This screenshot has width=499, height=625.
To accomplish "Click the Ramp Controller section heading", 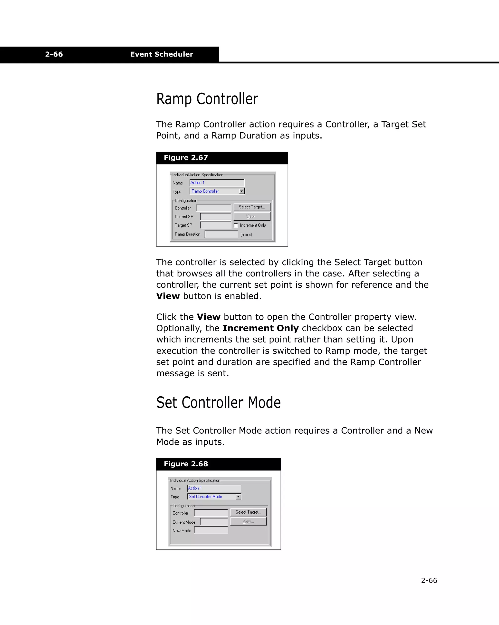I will [207, 99].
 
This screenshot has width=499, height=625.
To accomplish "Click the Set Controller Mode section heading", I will [218, 403].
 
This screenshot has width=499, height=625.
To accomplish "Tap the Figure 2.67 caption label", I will [186, 158].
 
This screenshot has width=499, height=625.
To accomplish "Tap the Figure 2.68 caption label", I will [186, 464].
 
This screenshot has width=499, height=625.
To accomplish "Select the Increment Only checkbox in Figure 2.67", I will [236, 225].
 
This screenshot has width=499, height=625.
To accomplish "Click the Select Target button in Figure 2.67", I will [251, 207].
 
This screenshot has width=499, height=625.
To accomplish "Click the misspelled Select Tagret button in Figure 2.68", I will [248, 512].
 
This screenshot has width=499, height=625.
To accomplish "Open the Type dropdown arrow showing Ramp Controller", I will [242, 191].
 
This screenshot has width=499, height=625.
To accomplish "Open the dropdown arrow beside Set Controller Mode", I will [238, 497].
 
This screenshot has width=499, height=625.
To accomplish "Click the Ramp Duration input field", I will [221, 234].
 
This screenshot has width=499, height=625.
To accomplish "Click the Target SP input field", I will [215, 225].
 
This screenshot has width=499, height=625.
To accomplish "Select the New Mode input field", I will [211, 530].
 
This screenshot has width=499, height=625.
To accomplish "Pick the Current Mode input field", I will [214, 522].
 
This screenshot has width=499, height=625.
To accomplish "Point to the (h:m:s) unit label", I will [246, 234].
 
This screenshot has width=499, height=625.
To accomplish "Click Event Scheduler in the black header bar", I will [161, 54].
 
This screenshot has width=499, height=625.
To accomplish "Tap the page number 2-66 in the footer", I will [429, 580].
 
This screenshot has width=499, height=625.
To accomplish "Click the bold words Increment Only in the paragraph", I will [260, 328].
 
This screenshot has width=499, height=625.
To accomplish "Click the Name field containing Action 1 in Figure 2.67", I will [217, 183].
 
